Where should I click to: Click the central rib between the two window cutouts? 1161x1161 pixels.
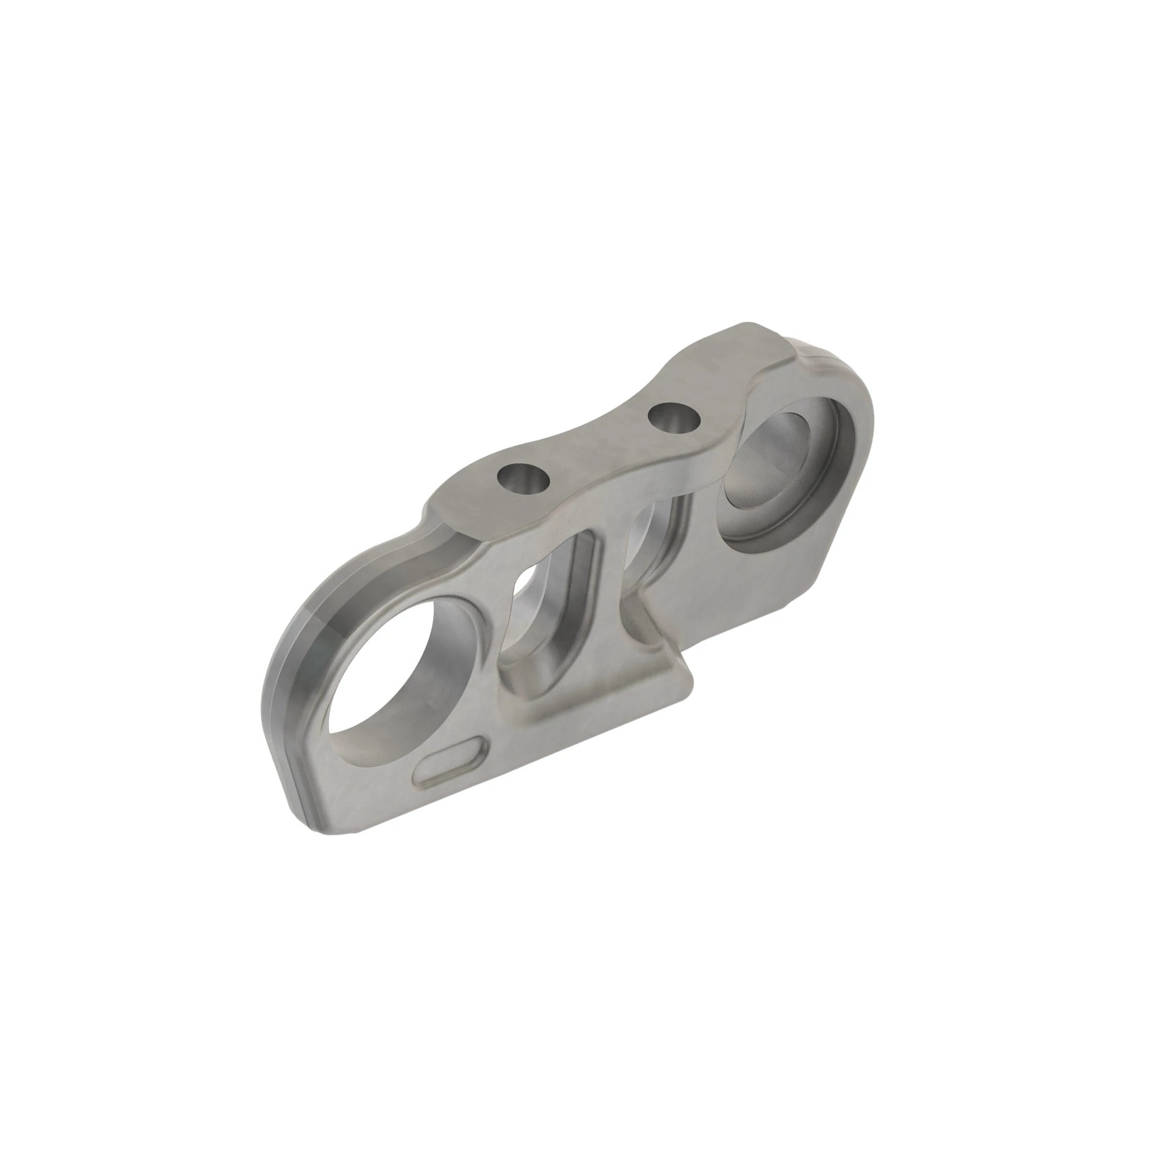(x=607, y=577)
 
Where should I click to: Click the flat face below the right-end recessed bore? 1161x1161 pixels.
(x=751, y=601)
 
